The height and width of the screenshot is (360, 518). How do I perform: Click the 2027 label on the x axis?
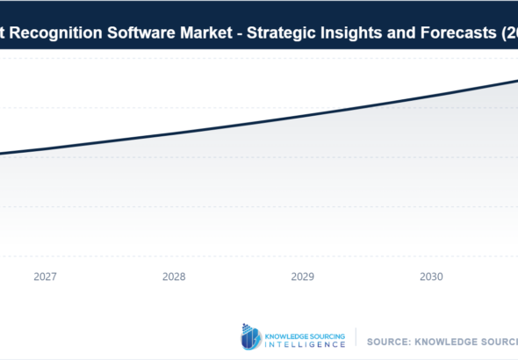[46, 277]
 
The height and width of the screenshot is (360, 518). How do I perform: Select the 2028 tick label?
[174, 277]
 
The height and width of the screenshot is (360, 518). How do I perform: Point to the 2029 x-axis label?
[303, 277]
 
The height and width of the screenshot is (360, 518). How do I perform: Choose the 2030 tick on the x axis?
[431, 277]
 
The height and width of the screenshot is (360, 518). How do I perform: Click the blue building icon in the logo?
[251, 336]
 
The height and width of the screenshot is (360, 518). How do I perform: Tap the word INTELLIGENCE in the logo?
[306, 344]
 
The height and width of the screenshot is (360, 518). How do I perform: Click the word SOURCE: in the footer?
[389, 340]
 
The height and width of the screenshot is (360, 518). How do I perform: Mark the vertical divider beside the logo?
[356, 337]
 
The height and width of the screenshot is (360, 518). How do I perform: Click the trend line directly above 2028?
[174, 134]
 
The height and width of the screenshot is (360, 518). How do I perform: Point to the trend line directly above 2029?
[303, 117]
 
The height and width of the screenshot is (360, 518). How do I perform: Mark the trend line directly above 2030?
[431, 97]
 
